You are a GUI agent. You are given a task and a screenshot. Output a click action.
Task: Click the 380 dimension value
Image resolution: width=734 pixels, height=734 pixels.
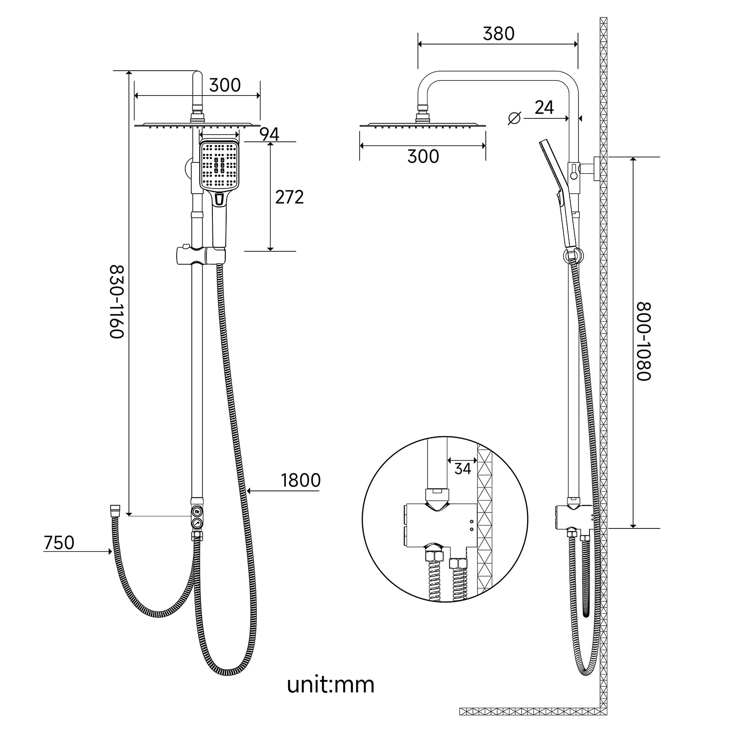(499, 33)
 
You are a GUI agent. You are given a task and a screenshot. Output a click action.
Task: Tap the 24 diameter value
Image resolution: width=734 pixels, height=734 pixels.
(544, 107)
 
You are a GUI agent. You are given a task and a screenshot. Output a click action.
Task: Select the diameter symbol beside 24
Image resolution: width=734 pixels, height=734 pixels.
(515, 118)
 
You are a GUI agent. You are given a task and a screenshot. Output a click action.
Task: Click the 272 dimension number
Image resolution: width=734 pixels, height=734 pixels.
(289, 197)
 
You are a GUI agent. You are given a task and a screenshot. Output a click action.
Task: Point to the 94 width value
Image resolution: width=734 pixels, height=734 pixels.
(269, 134)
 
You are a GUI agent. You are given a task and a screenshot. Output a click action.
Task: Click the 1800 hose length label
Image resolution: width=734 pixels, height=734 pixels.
(300, 480)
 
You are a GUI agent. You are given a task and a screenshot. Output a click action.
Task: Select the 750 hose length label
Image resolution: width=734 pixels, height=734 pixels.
(59, 543)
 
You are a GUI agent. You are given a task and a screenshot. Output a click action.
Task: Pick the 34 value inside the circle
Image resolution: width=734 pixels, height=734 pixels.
(462, 469)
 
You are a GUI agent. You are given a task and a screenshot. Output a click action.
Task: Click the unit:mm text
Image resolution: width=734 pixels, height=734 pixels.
(330, 684)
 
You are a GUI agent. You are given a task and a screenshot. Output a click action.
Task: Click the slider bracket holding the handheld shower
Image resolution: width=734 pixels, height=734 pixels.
(200, 256)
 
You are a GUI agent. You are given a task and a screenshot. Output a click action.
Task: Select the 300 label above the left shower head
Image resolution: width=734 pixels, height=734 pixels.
(225, 85)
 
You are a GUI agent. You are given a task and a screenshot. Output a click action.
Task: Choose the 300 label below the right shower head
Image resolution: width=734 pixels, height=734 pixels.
(423, 156)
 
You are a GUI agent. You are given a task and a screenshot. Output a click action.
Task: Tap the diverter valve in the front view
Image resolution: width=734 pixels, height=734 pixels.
(197, 517)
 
